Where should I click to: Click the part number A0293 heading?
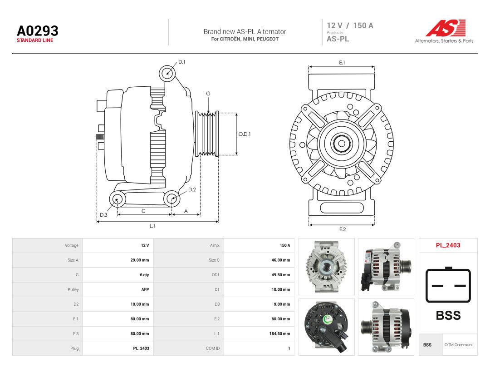click(x=38, y=31)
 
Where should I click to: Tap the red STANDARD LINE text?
click(x=35, y=40)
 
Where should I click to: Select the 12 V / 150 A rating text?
click(x=350, y=25)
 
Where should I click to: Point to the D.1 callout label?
click(x=181, y=62)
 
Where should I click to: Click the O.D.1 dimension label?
click(x=245, y=134)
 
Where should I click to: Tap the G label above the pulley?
click(x=208, y=94)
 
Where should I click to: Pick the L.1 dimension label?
click(x=152, y=226)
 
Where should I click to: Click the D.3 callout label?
click(x=103, y=214)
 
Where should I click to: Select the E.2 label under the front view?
click(x=343, y=229)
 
